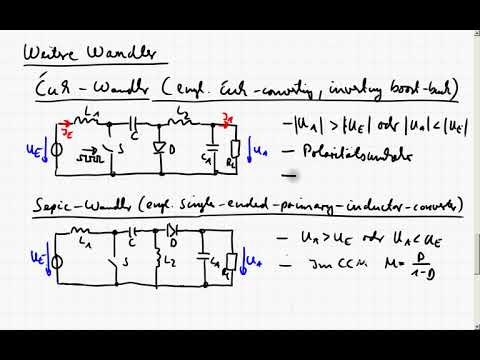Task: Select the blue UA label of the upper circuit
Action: click(262, 151)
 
